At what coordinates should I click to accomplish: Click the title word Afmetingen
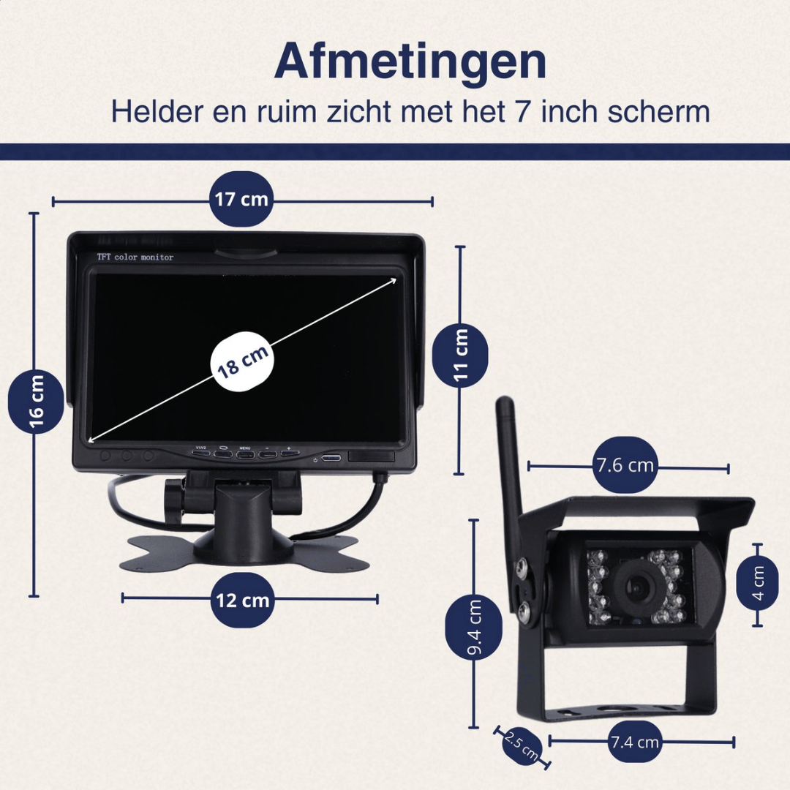click(x=410, y=62)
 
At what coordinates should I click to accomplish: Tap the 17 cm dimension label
click(x=241, y=199)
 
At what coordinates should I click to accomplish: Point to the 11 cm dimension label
click(x=460, y=355)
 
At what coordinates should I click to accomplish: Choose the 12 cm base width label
click(x=243, y=601)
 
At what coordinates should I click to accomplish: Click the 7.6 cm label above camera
click(x=624, y=465)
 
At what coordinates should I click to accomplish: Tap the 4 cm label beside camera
click(x=757, y=584)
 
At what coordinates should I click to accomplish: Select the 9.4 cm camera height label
click(x=474, y=627)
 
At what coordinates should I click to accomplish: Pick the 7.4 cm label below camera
click(x=634, y=742)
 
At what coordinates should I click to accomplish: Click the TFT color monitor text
click(x=135, y=257)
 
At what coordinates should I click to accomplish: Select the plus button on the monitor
click(x=289, y=452)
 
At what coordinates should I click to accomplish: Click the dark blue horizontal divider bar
click(x=395, y=151)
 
